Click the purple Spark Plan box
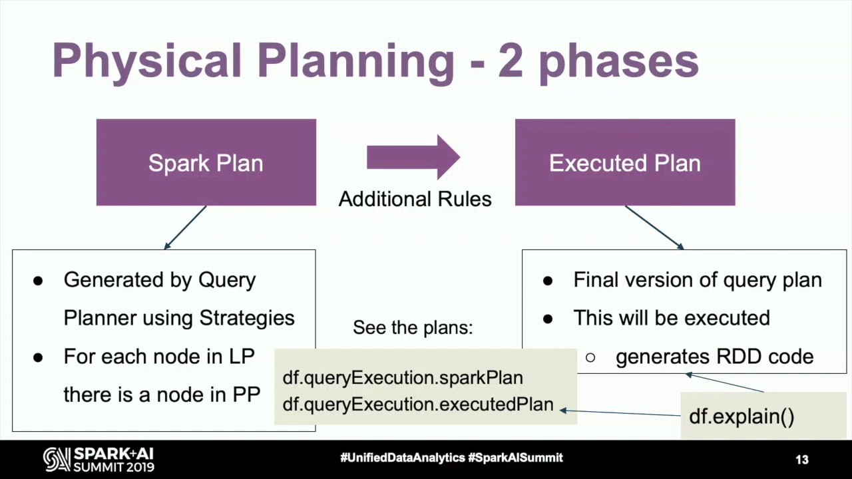[x=206, y=163]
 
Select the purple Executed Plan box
[x=624, y=163]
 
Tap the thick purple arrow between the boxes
[x=413, y=157]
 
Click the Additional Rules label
[x=415, y=199]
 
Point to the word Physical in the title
[x=146, y=61]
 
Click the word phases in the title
[x=618, y=61]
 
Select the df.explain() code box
[x=742, y=416]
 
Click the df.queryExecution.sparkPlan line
[x=403, y=378]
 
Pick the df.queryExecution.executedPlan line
[x=417, y=404]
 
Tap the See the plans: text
[x=413, y=327]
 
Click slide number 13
[x=801, y=460]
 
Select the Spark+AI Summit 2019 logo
[x=99, y=460]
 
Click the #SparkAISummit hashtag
[x=515, y=458]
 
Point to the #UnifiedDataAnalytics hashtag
[x=402, y=458]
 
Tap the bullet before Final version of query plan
[x=548, y=281]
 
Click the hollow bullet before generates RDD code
[x=590, y=357]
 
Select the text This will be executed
[x=671, y=318]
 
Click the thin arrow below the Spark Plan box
[x=186, y=227]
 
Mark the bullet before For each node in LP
[x=38, y=357]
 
